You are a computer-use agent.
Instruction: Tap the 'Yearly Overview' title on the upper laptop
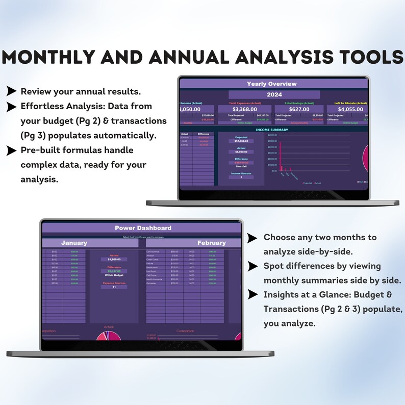[271, 84]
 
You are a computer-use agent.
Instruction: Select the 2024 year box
[274, 94]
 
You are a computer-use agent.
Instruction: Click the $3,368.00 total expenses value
[247, 109]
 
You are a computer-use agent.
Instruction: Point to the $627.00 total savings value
[299, 109]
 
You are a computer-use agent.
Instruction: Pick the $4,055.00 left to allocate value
[350, 109]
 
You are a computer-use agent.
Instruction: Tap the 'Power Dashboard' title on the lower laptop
[143, 227]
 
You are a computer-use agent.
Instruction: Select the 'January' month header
[74, 243]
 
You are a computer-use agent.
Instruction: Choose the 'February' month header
[212, 243]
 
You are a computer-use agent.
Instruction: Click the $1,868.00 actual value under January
[114, 260]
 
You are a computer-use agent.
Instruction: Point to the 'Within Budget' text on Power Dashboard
[114, 275]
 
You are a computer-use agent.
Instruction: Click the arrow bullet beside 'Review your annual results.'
[11, 91]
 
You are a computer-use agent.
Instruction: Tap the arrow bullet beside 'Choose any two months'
[252, 238]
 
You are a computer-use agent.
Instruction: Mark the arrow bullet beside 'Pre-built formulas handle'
[11, 150]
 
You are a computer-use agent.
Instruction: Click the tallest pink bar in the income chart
[280, 158]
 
